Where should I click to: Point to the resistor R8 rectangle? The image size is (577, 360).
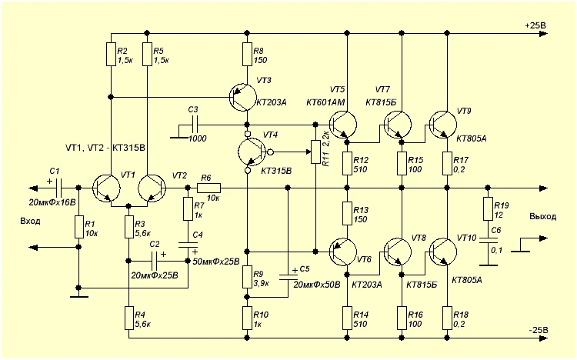pyautogui.click(x=246, y=53)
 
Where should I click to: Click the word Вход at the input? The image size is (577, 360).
pyautogui.click(x=31, y=221)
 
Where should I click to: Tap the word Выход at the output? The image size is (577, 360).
pyautogui.click(x=542, y=217)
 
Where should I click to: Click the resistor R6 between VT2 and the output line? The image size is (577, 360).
pyautogui.click(x=208, y=187)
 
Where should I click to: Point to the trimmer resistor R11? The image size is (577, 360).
pyautogui.click(x=315, y=152)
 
